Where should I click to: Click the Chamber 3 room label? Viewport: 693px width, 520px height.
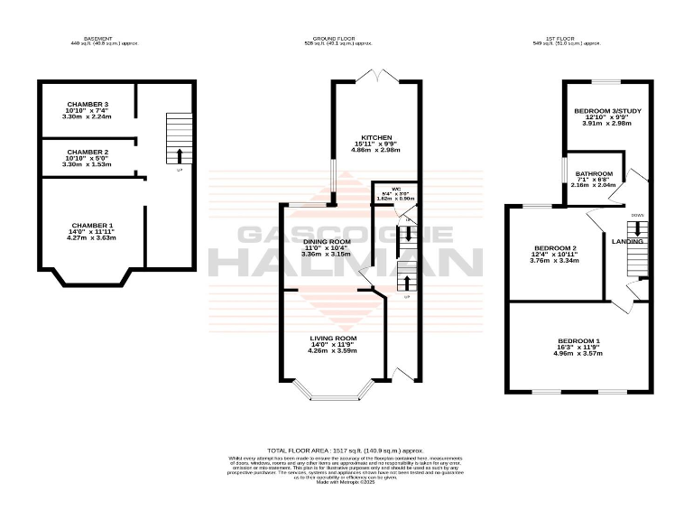(88, 105)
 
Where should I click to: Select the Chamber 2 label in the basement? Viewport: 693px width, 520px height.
(88, 153)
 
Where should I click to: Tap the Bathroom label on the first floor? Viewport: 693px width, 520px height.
(595, 173)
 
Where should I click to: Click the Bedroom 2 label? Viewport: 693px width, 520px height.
(554, 248)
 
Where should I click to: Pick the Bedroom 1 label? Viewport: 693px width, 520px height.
(578, 340)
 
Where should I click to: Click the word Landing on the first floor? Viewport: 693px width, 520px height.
(626, 242)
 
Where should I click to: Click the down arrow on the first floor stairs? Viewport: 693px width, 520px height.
(638, 228)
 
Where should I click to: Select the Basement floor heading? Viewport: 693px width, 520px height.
(97, 40)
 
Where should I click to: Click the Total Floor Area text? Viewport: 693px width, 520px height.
(346, 450)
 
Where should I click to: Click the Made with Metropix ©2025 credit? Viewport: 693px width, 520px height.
(346, 482)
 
